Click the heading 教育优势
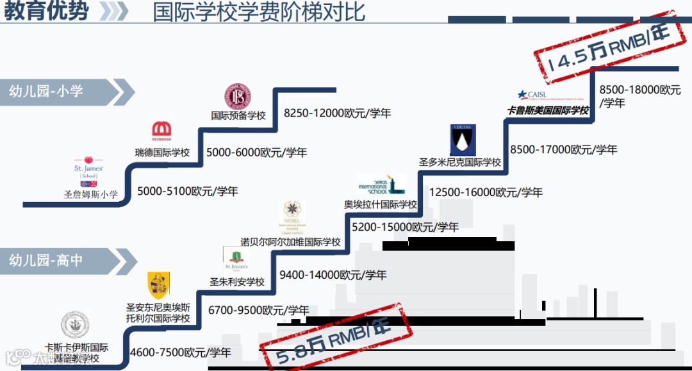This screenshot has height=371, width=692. [46, 12]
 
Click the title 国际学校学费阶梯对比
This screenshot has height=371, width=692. [259, 12]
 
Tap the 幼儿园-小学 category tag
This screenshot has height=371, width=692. [46, 91]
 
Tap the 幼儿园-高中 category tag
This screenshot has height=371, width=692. [46, 260]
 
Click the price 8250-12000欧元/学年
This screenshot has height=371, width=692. [337, 113]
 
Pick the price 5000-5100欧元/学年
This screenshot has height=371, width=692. [188, 191]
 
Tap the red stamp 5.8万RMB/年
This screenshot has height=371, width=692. [334, 340]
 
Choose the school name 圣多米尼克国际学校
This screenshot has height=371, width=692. [460, 162]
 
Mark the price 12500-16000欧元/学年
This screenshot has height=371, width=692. [486, 192]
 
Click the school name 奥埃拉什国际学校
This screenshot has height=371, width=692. [381, 204]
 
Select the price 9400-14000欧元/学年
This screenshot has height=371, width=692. [333, 275]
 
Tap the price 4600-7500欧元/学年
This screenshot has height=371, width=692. [180, 352]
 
